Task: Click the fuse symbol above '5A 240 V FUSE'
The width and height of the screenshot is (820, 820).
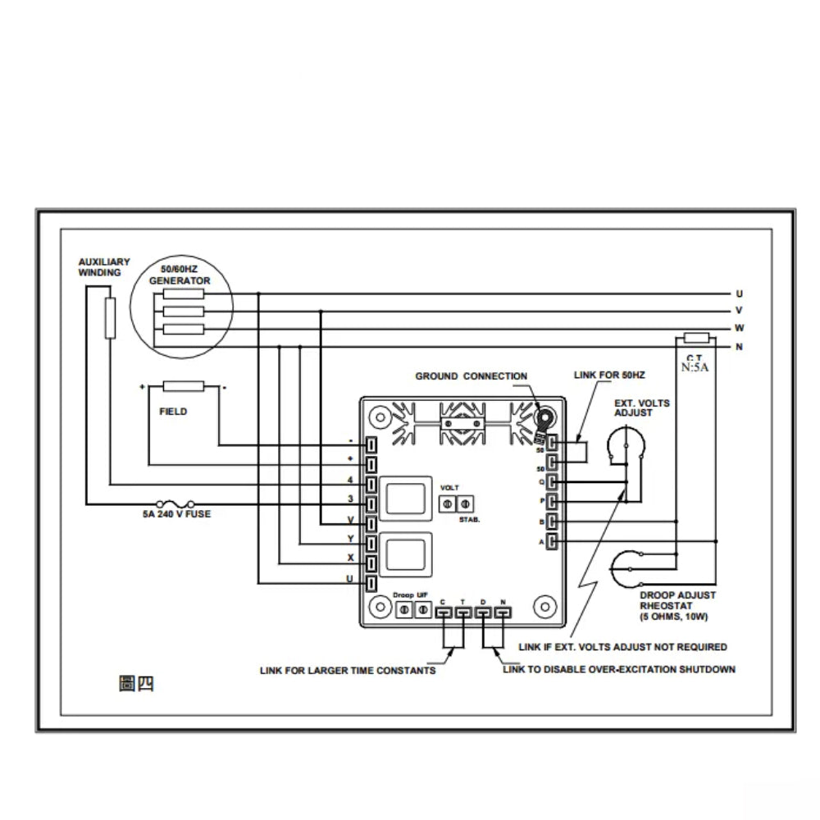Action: (x=175, y=502)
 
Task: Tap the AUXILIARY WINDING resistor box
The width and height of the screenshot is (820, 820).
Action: (x=110, y=318)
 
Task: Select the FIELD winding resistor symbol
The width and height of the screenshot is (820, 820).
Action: (x=184, y=385)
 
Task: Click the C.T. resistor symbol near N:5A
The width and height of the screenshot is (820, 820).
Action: (x=696, y=337)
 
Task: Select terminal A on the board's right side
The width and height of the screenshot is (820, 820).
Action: (x=553, y=541)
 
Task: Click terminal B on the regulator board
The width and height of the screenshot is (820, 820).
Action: (x=553, y=521)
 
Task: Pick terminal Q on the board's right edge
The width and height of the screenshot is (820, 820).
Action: (x=553, y=481)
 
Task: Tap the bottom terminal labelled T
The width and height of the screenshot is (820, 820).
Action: (x=462, y=612)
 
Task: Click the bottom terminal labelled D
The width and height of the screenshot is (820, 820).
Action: (x=483, y=612)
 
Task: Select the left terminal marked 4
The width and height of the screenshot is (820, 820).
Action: (x=371, y=484)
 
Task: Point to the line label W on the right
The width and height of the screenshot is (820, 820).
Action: (x=740, y=329)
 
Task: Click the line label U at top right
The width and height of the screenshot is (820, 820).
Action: (x=740, y=294)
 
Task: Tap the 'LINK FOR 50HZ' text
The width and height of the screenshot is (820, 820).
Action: (x=609, y=375)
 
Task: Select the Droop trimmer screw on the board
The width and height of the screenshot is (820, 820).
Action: (x=404, y=610)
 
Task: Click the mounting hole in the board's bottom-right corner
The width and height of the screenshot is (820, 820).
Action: (x=542, y=608)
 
